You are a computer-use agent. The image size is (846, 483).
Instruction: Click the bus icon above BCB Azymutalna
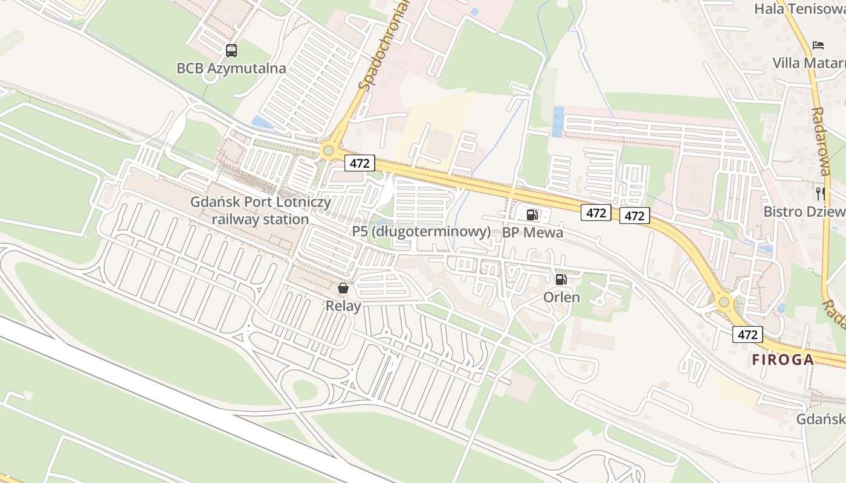pos(231,50)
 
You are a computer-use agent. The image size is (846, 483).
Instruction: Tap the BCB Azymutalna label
pos(231,68)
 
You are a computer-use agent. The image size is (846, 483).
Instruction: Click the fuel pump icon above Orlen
pos(561,279)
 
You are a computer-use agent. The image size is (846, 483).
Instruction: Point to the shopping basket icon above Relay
pos(343,288)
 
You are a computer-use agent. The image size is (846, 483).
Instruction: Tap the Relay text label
pos(343,306)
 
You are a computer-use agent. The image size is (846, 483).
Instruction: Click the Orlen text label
pos(561,297)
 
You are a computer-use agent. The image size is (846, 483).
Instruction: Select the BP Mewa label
pos(533,232)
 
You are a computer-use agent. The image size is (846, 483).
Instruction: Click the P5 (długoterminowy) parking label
pos(421,232)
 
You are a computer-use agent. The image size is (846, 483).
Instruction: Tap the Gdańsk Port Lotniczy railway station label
pos(261,210)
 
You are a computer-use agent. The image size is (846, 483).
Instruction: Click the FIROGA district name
pos(783,360)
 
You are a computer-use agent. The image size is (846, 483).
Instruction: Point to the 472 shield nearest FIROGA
pos(748,334)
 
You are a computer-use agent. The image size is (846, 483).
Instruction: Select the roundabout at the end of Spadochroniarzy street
pos(328,150)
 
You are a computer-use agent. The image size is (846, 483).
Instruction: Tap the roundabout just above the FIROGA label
pos(724,301)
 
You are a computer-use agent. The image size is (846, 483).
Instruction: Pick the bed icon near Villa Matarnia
pos(818,45)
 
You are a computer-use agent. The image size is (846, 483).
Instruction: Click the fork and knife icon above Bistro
pos(820,193)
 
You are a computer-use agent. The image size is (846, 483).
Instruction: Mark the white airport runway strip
pos(181,399)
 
